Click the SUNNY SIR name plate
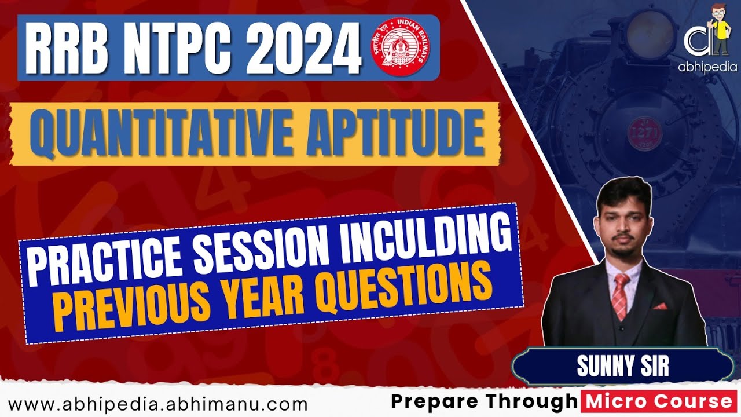622,367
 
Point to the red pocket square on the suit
659,306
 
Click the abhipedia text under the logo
707,67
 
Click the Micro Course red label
660,401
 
